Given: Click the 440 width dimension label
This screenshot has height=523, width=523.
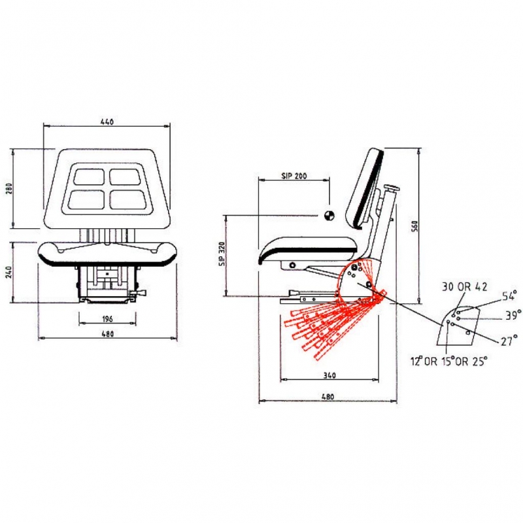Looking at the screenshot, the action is coord(107,122).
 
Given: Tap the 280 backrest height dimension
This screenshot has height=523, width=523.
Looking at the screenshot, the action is coord(9,189).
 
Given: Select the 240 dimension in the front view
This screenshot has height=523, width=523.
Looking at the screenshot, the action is coord(9,272).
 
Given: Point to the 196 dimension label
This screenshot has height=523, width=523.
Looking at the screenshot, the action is coord(107,319).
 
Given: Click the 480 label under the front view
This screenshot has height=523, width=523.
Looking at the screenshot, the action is coord(107,333).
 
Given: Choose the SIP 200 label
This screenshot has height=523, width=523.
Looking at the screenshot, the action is coord(294,176).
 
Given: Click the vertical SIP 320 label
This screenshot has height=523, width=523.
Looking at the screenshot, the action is coord(222,254).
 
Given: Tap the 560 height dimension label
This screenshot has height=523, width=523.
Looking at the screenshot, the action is coord(414,226).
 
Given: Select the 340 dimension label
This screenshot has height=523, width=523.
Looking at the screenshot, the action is coord(329,375).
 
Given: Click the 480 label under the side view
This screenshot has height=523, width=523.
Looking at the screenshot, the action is coord(328,397).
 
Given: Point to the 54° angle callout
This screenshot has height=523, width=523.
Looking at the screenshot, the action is coord(509,296).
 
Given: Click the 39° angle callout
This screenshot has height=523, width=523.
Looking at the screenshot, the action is coord(513,315).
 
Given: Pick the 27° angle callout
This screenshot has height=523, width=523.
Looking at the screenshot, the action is coord(509,341).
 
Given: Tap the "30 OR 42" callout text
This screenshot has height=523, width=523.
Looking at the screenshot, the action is coord(464,286).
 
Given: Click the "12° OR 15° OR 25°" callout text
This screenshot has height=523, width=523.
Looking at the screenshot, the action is coord(449,361).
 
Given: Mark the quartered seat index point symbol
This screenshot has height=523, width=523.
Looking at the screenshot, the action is coord(329,216).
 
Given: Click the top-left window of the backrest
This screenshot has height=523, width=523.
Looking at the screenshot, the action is coord(89,177).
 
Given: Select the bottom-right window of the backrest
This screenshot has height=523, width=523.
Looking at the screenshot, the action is coord(128,199).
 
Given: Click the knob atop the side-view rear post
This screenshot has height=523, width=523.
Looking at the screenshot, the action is coord(392,188).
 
